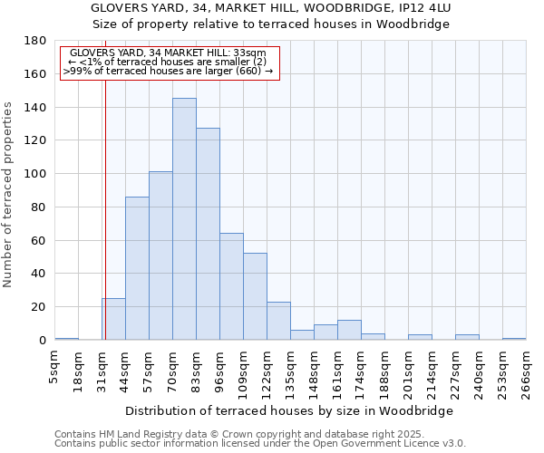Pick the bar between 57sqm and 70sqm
click(160, 255)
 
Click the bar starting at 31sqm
click(113, 319)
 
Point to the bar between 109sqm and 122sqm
click(255, 296)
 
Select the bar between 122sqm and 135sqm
click(278, 321)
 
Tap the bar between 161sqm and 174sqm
click(349, 330)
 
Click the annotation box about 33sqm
click(169, 62)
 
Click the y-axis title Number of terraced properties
click(8, 195)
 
